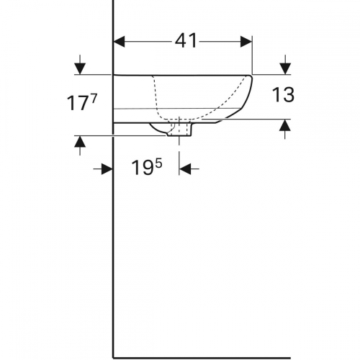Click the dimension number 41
[x=186, y=41]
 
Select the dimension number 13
[x=283, y=95]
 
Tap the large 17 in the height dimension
[x=77, y=103]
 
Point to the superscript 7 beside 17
[x=94, y=98]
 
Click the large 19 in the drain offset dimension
[x=143, y=168]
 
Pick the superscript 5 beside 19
[x=158, y=165]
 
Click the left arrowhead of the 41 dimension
[x=120, y=42]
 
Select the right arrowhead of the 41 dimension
[x=246, y=42]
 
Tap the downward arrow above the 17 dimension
[x=80, y=65]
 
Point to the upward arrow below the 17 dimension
[x=80, y=145]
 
